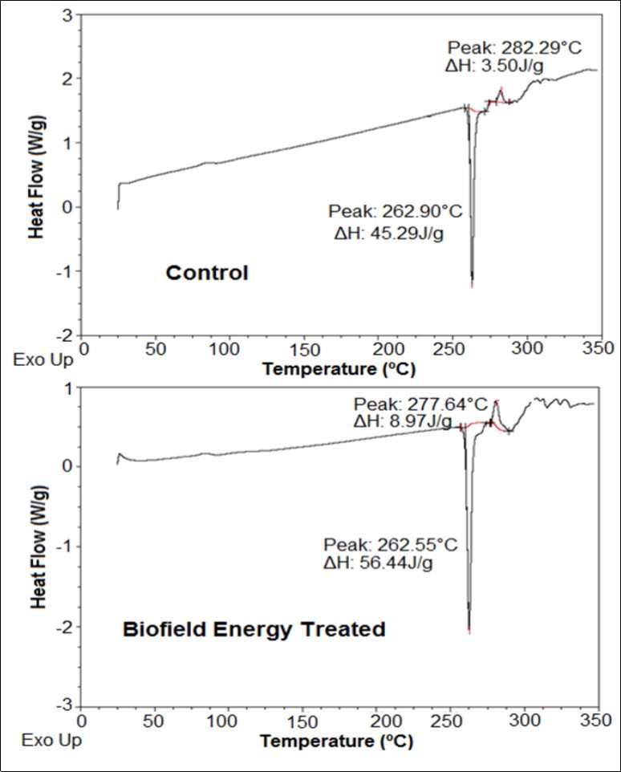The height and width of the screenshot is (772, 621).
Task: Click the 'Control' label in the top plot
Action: click(207, 273)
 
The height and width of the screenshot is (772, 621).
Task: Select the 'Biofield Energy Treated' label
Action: click(254, 629)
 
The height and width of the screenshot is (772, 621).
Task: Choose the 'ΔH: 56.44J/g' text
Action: click(389, 564)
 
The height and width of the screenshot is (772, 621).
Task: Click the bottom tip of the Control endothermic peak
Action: click(472, 285)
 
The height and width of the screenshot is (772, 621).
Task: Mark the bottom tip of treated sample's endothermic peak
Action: click(469, 633)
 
